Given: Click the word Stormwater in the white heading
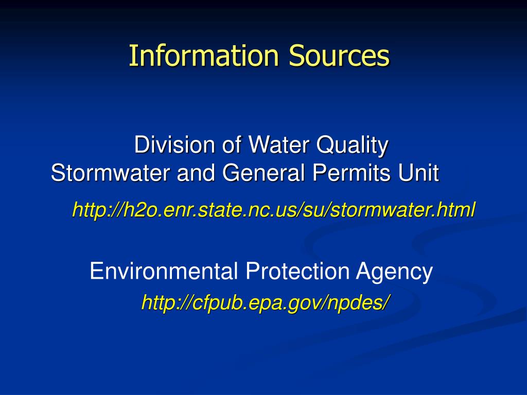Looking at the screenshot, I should click(111, 173).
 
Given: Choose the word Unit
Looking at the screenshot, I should click(422, 173).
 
